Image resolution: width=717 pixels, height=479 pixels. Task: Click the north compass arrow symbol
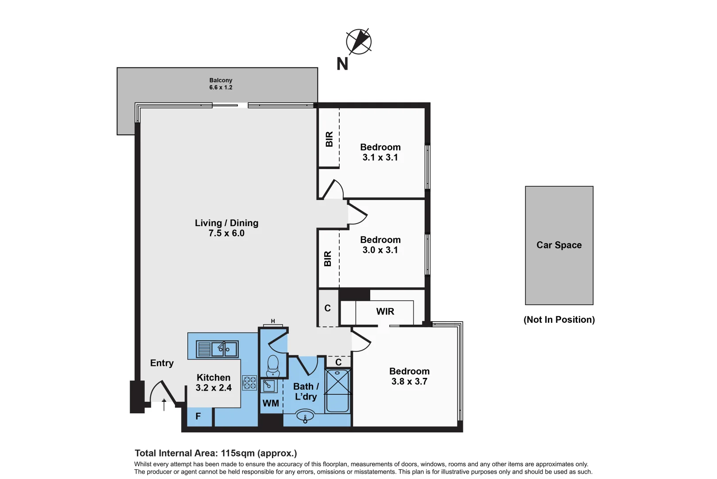click(359, 42)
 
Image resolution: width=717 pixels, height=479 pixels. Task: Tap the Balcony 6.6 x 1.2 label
click(221, 84)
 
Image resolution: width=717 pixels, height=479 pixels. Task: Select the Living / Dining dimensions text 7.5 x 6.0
click(226, 233)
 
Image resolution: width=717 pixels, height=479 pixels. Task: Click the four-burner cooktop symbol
click(249, 383)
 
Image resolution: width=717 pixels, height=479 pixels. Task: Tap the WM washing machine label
click(271, 403)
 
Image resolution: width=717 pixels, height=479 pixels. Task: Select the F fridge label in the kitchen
click(198, 416)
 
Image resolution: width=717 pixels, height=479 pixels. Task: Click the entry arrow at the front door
click(164, 404)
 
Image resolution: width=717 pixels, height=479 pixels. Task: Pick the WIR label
click(385, 311)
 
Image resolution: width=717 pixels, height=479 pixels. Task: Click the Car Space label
click(559, 245)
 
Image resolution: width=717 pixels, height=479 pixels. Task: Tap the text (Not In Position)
click(559, 319)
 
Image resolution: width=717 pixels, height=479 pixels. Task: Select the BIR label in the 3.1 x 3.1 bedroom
click(329, 139)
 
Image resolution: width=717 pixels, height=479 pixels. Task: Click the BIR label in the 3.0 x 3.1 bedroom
click(328, 259)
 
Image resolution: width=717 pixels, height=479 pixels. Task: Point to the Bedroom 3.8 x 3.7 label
click(409, 376)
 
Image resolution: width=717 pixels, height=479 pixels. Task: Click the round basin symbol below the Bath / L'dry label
click(305, 416)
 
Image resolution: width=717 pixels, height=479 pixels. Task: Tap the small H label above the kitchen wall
click(273, 321)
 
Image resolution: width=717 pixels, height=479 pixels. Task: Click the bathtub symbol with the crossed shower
click(337, 390)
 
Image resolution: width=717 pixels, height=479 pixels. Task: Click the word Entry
click(162, 363)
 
